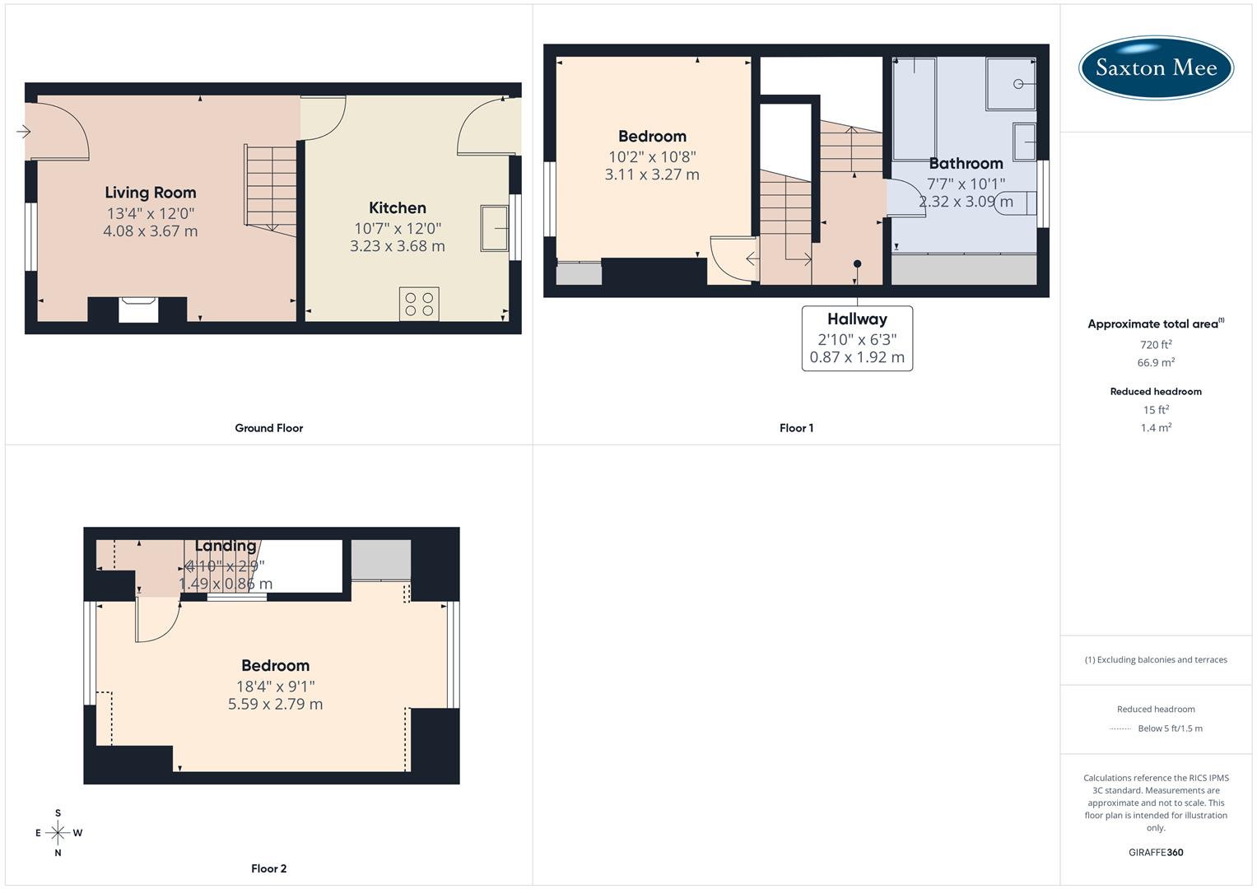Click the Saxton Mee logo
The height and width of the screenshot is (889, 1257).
(x=1156, y=67)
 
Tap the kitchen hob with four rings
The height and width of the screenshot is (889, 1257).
(x=419, y=303)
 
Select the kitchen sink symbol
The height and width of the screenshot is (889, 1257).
(x=495, y=227)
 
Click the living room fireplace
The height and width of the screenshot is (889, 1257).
(x=138, y=310)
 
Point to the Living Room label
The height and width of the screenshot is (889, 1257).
(x=151, y=193)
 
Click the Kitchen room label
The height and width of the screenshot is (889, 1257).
(x=398, y=208)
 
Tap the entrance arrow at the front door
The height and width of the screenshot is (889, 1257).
(x=23, y=131)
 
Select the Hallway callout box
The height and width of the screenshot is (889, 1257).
(x=857, y=338)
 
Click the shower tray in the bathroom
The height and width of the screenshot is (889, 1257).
(x=1011, y=83)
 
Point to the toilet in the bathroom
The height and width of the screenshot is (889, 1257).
(x=1016, y=202)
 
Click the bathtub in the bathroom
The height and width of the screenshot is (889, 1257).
(x=915, y=108)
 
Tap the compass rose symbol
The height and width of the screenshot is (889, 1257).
(x=58, y=833)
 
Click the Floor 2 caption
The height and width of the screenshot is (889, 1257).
(x=269, y=868)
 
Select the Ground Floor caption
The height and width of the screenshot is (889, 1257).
(x=269, y=428)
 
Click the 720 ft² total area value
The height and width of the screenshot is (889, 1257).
(x=1156, y=345)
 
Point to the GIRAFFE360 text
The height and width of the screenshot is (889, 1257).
(x=1156, y=852)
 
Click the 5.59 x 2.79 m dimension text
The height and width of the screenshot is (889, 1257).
(x=275, y=705)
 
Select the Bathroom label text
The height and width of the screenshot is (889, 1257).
(x=966, y=163)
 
